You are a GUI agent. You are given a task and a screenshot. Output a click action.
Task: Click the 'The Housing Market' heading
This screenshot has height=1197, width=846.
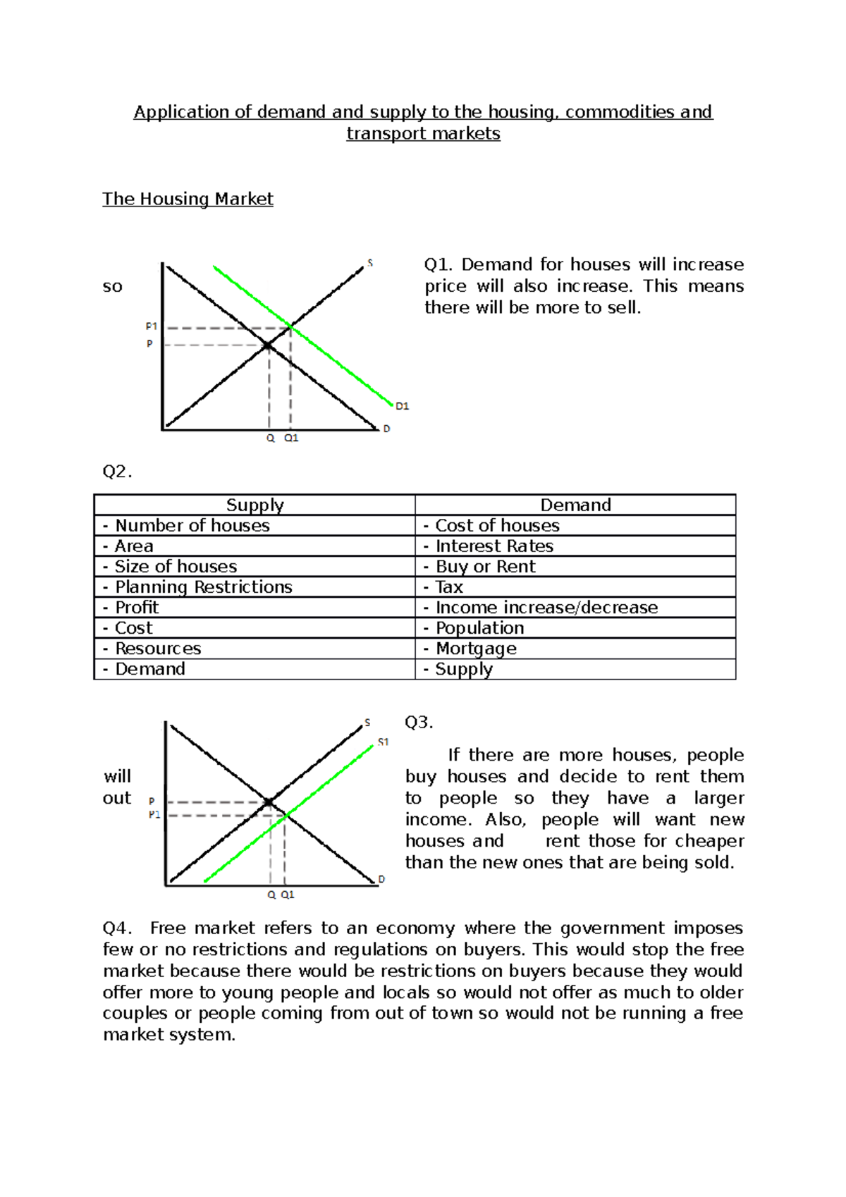(x=188, y=199)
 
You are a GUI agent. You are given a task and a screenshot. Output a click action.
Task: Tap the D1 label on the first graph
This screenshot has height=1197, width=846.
(x=402, y=407)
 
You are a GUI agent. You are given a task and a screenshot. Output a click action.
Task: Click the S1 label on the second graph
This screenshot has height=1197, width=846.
(x=383, y=742)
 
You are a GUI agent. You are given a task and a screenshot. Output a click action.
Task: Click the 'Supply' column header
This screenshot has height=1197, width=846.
(x=255, y=505)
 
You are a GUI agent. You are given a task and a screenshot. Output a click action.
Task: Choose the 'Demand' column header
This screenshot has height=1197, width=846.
(x=575, y=505)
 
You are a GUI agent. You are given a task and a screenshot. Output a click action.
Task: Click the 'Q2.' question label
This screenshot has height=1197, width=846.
(x=117, y=472)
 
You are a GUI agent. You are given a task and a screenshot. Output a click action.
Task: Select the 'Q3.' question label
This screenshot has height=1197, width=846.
(x=419, y=723)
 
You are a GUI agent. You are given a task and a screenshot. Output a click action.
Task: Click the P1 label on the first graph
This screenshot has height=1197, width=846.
(x=152, y=326)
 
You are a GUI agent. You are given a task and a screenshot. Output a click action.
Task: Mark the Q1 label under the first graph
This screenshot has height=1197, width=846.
(x=291, y=438)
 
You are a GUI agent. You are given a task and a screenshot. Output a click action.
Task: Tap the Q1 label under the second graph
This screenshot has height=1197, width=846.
(x=288, y=895)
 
